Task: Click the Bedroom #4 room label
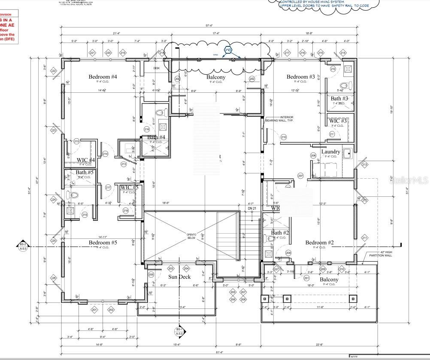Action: point(103,77)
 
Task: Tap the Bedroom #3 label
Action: point(300,77)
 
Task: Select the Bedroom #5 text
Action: point(103,243)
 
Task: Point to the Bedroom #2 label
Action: point(319,243)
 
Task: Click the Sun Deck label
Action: point(179,277)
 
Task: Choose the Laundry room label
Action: point(331,152)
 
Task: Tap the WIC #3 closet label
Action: point(338,121)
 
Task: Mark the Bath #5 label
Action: point(85,173)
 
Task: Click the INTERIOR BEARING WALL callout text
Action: point(287,119)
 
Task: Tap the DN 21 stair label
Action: point(252,208)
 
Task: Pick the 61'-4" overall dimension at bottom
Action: point(209,352)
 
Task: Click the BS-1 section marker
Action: point(179,331)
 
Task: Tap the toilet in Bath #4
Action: point(160,113)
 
